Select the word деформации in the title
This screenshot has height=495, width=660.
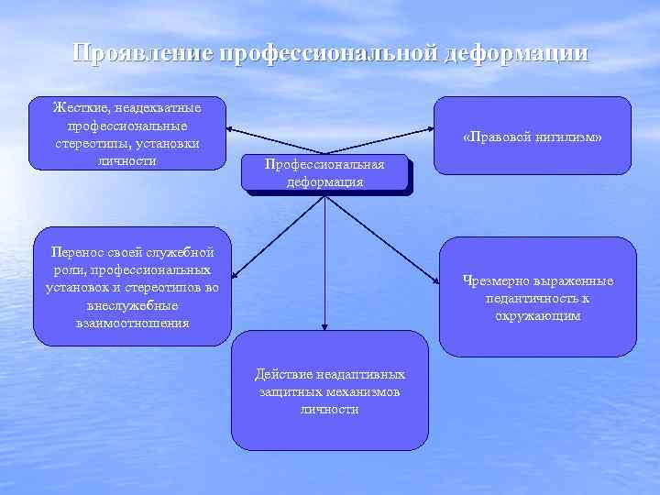coord(515,54)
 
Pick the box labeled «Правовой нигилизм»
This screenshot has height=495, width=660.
coord(532,136)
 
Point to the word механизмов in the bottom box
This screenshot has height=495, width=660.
coord(366,391)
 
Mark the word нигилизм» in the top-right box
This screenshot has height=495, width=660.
coord(572,137)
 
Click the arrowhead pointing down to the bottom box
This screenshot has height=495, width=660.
coord(324,325)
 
